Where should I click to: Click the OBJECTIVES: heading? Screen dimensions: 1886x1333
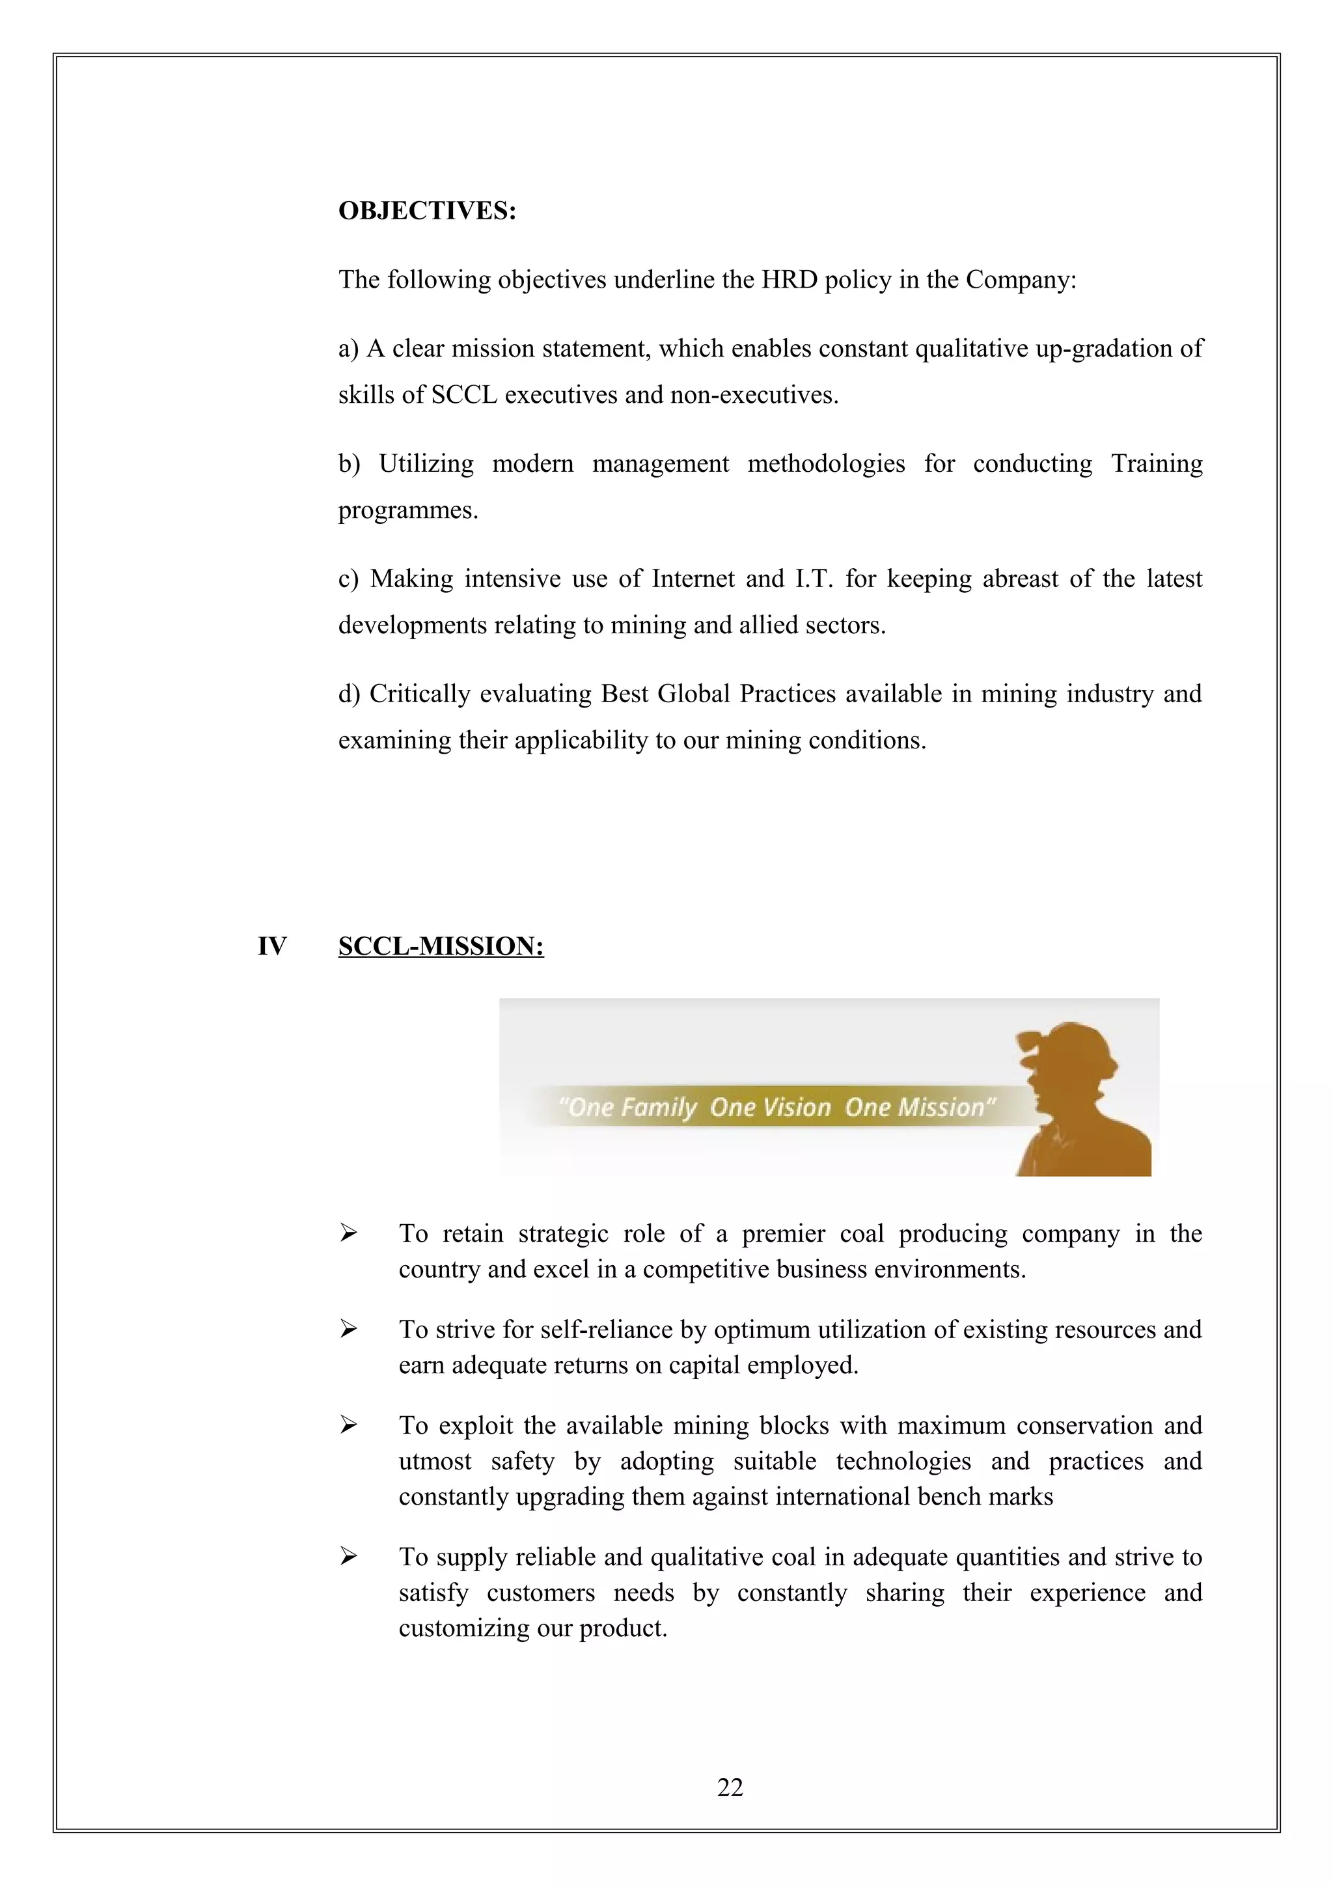pyautogui.click(x=427, y=211)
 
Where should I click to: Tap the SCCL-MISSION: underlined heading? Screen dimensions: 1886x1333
pyautogui.click(x=441, y=946)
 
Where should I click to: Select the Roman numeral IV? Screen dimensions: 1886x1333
pyautogui.click(x=272, y=946)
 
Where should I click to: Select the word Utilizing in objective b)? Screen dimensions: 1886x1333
pyautogui.click(x=426, y=464)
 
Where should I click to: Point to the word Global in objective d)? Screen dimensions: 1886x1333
pyautogui.click(x=695, y=694)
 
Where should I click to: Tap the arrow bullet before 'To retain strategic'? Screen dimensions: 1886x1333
pyautogui.click(x=348, y=1233)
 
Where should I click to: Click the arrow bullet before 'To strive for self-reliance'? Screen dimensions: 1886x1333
pyautogui.click(x=348, y=1329)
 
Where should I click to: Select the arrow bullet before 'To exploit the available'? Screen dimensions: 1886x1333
pyautogui.click(x=348, y=1425)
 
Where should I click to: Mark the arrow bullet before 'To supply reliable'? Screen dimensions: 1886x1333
pyautogui.click(x=348, y=1557)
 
